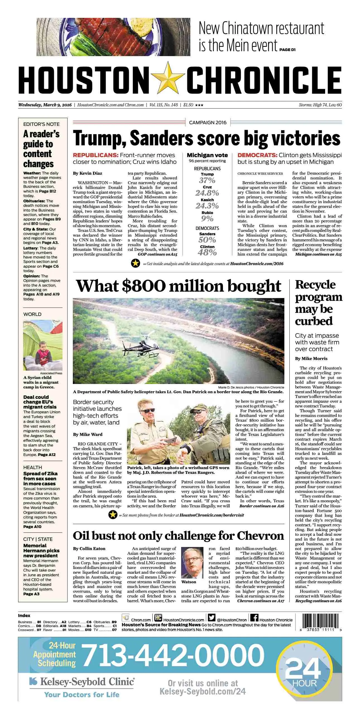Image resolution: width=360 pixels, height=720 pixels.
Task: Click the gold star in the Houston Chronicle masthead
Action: (x=168, y=78)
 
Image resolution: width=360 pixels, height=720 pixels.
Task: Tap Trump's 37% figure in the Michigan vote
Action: (x=207, y=180)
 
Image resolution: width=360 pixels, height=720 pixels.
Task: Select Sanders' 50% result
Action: (x=207, y=240)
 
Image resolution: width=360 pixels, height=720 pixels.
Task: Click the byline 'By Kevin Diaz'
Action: (x=87, y=173)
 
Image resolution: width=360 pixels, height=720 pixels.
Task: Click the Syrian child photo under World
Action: (x=43, y=345)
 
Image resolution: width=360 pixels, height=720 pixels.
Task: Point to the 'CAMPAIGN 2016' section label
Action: (x=208, y=123)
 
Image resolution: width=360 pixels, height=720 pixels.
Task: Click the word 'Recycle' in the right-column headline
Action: (x=315, y=285)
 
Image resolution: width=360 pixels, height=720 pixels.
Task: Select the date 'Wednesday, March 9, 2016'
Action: (x=45, y=105)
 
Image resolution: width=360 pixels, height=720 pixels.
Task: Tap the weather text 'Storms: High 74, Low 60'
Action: (x=320, y=105)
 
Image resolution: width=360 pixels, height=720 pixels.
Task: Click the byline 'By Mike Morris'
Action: (x=311, y=359)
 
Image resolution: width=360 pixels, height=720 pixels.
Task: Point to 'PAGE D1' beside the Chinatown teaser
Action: (x=287, y=50)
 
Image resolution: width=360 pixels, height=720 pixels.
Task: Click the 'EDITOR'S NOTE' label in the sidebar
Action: (x=41, y=124)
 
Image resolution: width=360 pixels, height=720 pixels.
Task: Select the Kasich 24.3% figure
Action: (x=207, y=206)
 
